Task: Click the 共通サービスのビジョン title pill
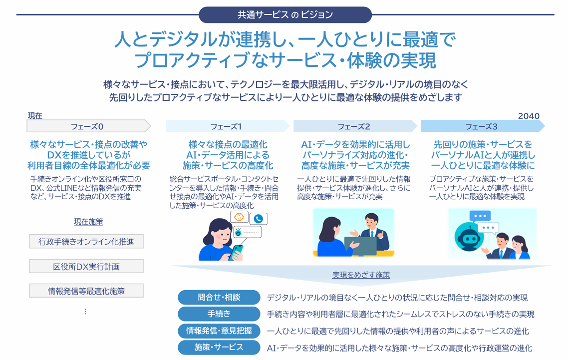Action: pos(285,14)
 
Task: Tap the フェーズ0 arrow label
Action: pos(87,126)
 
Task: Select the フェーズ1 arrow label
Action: pos(226,126)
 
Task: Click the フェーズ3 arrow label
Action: pos(481,126)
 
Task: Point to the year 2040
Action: pos(529,116)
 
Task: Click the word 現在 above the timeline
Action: pos(35,116)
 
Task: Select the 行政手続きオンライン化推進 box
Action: pos(86,242)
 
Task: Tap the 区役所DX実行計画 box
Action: pos(86,266)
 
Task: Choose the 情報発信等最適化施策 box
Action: pos(86,291)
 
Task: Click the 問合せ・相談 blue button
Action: pos(219,298)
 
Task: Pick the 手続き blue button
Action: pos(219,314)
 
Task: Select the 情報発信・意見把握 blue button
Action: pos(219,331)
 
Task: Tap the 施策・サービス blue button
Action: pos(219,347)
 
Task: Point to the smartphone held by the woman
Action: pos(236,250)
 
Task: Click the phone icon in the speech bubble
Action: pos(258,218)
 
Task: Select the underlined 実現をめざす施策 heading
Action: pos(361,275)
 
